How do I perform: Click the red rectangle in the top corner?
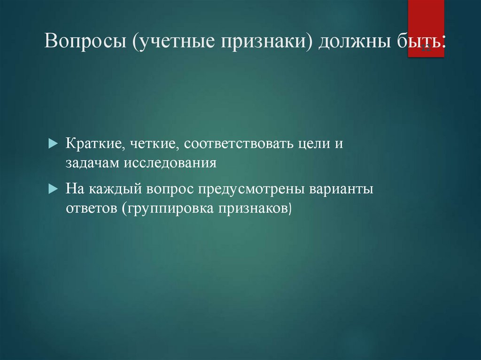426,28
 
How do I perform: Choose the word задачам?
93,163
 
